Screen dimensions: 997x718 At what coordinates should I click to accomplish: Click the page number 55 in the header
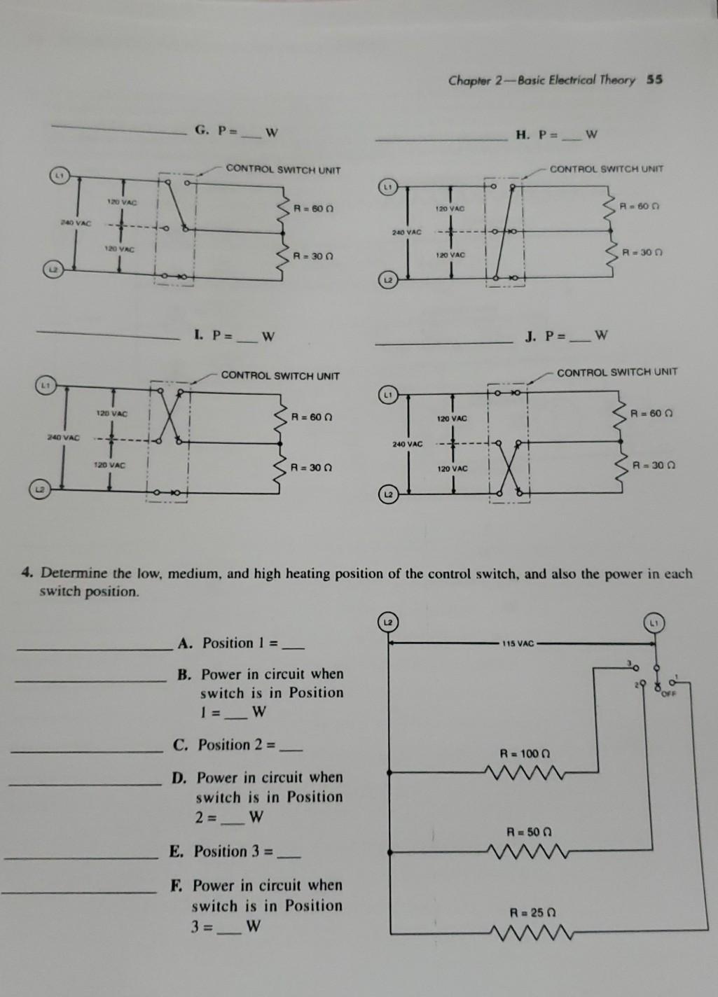(x=654, y=79)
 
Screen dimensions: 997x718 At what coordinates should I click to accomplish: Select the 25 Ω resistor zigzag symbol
(x=530, y=933)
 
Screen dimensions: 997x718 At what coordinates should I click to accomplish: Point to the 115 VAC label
(x=518, y=643)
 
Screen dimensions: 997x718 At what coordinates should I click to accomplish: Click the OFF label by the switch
(x=668, y=695)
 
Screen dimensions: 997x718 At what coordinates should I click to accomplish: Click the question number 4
(x=27, y=573)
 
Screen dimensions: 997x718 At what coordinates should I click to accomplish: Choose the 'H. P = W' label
(x=556, y=134)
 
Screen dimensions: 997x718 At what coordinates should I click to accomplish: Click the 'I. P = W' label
(x=234, y=337)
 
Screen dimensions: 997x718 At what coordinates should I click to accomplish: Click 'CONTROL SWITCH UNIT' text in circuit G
(x=283, y=169)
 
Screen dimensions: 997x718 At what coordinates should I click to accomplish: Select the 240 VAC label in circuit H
(x=406, y=231)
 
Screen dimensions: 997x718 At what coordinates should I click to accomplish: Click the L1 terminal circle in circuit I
(x=45, y=384)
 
